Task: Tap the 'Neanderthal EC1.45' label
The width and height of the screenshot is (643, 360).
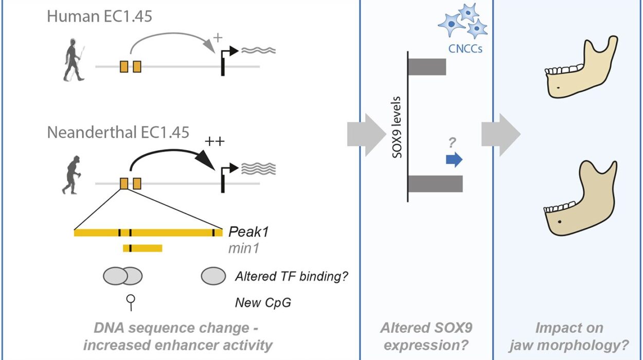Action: [x=118, y=132]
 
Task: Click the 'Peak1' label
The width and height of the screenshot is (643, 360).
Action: [x=248, y=232]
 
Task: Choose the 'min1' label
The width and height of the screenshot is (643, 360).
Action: [x=244, y=249]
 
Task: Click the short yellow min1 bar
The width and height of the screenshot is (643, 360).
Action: [x=142, y=248]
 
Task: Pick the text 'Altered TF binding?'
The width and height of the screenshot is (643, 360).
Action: [x=291, y=276]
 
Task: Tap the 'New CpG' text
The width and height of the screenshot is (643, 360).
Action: [x=263, y=302]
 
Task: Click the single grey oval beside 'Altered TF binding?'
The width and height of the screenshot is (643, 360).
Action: [x=213, y=276]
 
